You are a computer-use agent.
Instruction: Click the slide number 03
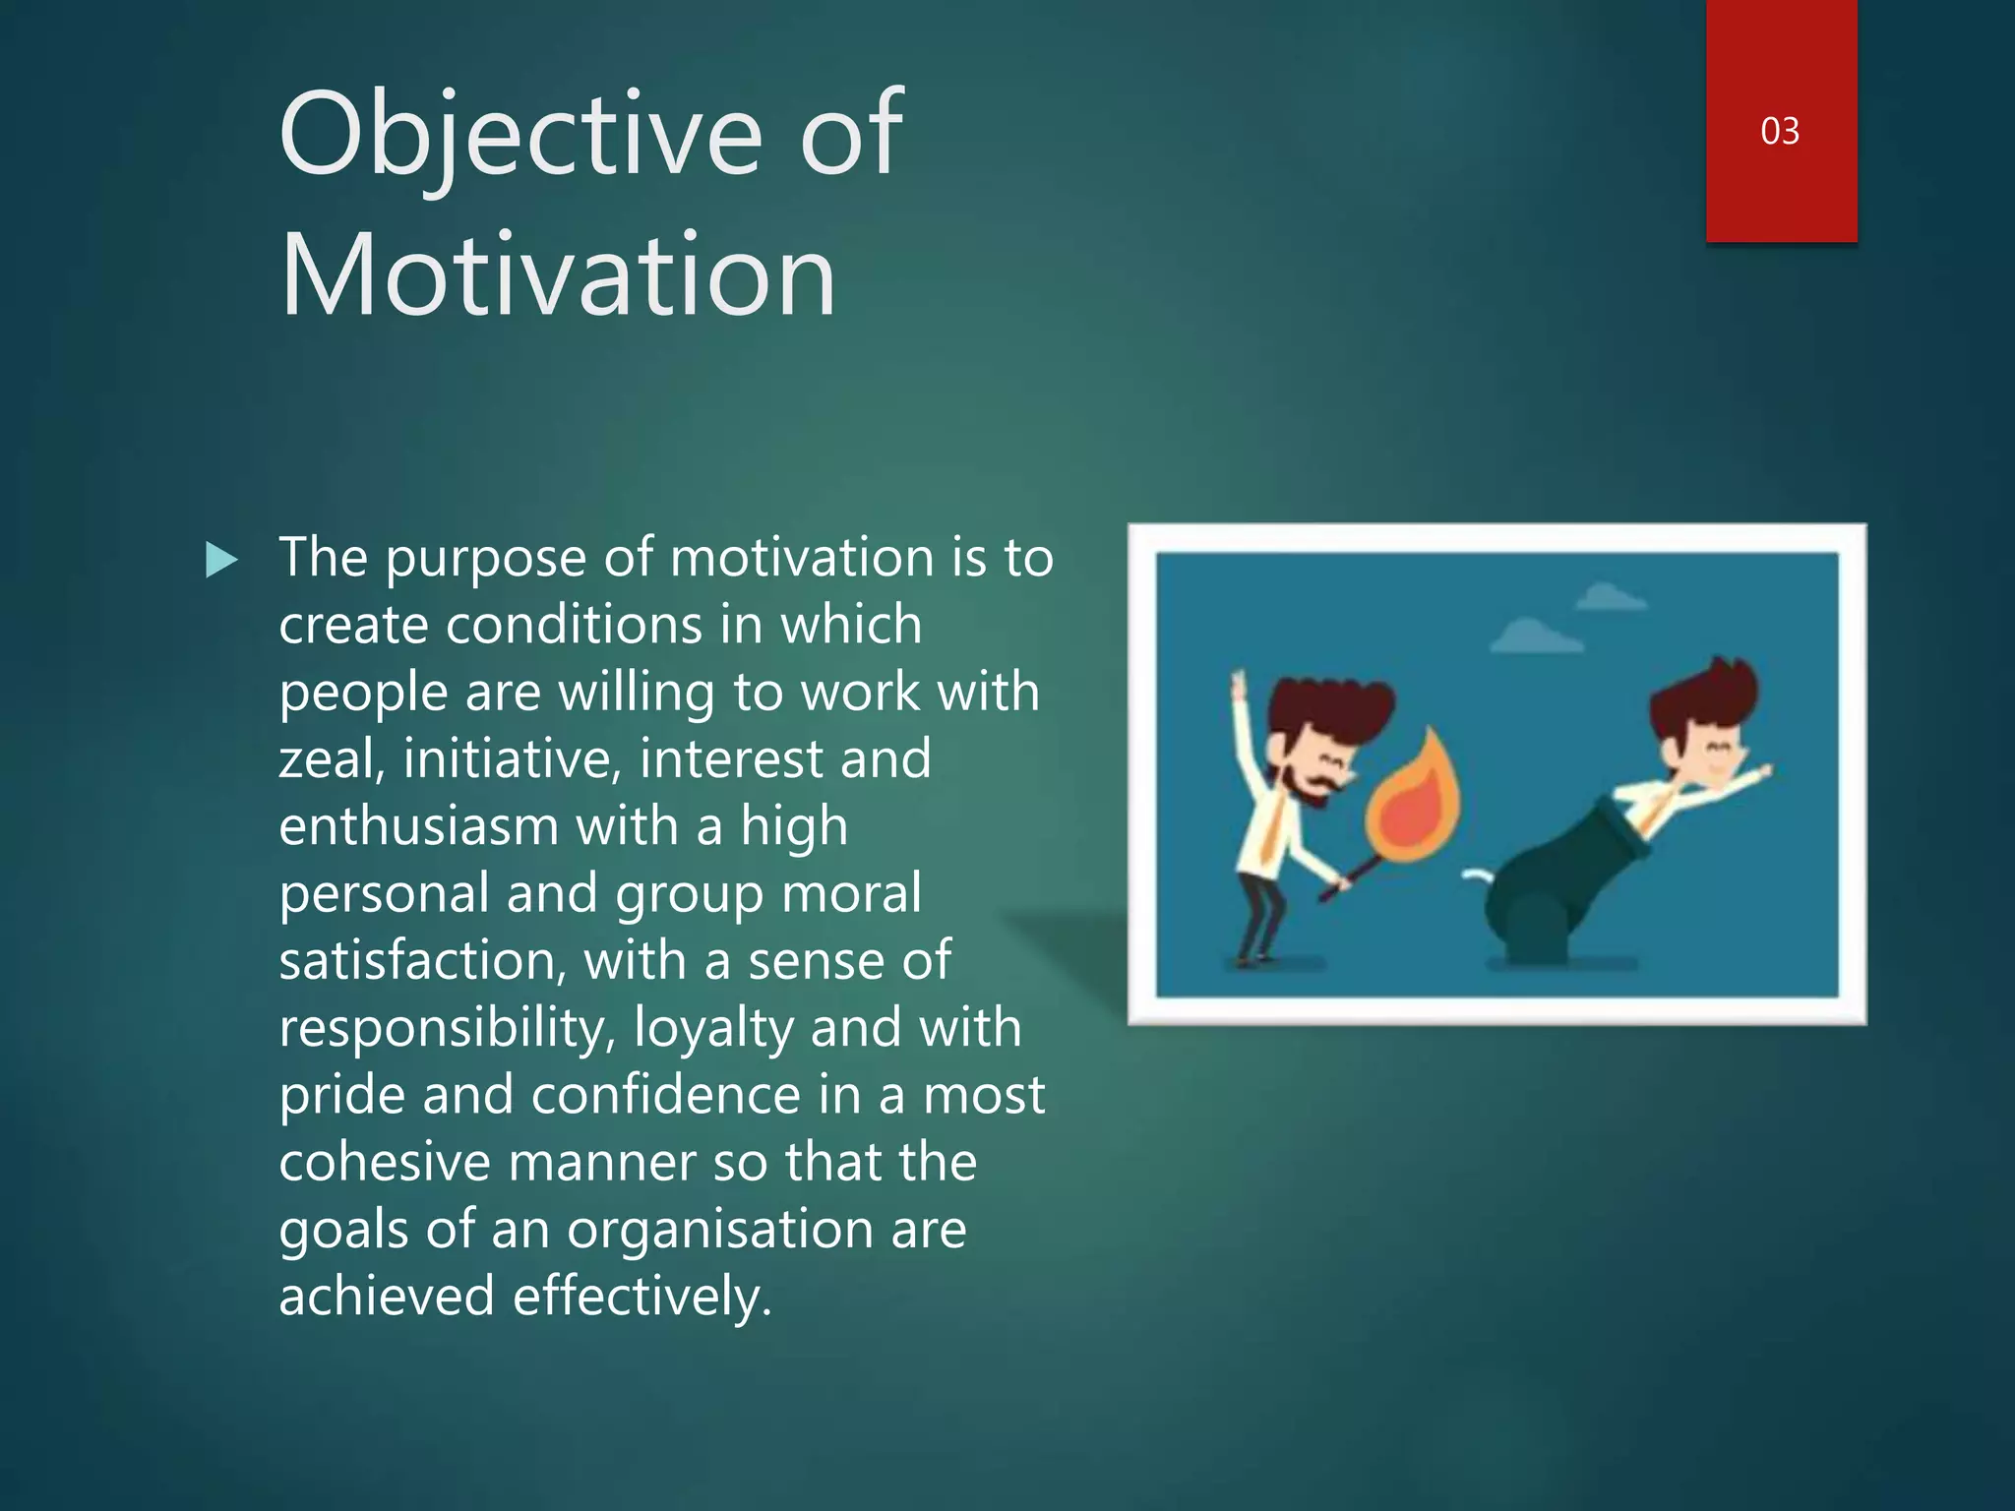[x=1780, y=131]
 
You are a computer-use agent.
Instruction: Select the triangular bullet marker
[x=221, y=561]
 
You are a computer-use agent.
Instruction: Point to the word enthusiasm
[x=417, y=826]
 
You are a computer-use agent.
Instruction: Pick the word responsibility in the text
[x=448, y=1028]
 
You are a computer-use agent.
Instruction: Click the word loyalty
[x=713, y=1028]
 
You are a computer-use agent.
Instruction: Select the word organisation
[x=720, y=1230]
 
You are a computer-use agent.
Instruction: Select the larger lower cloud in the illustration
[x=1535, y=637]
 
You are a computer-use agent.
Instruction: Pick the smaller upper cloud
[x=1610, y=597]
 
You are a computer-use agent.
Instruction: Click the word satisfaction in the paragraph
[x=421, y=961]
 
